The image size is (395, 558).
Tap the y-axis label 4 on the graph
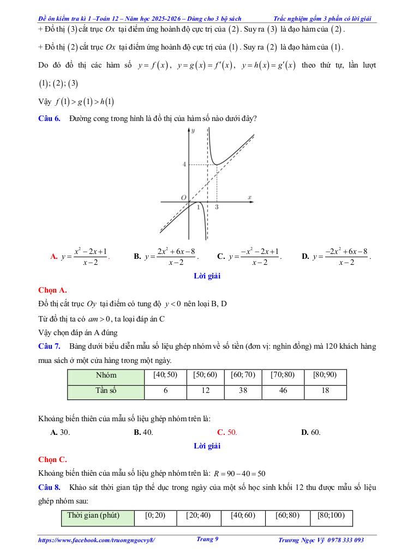click(x=184, y=164)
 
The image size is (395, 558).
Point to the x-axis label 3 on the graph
click(x=217, y=208)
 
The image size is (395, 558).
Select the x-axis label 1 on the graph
click(x=197, y=208)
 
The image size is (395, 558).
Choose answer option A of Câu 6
click(x=80, y=256)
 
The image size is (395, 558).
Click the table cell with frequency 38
click(x=241, y=391)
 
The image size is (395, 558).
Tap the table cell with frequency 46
click(x=283, y=391)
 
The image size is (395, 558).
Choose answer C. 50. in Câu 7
click(x=226, y=432)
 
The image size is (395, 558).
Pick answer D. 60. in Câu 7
click(x=311, y=432)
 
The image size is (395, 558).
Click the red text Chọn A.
click(x=52, y=290)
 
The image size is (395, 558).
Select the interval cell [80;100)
click(x=331, y=515)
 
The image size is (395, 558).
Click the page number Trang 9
click(x=207, y=539)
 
